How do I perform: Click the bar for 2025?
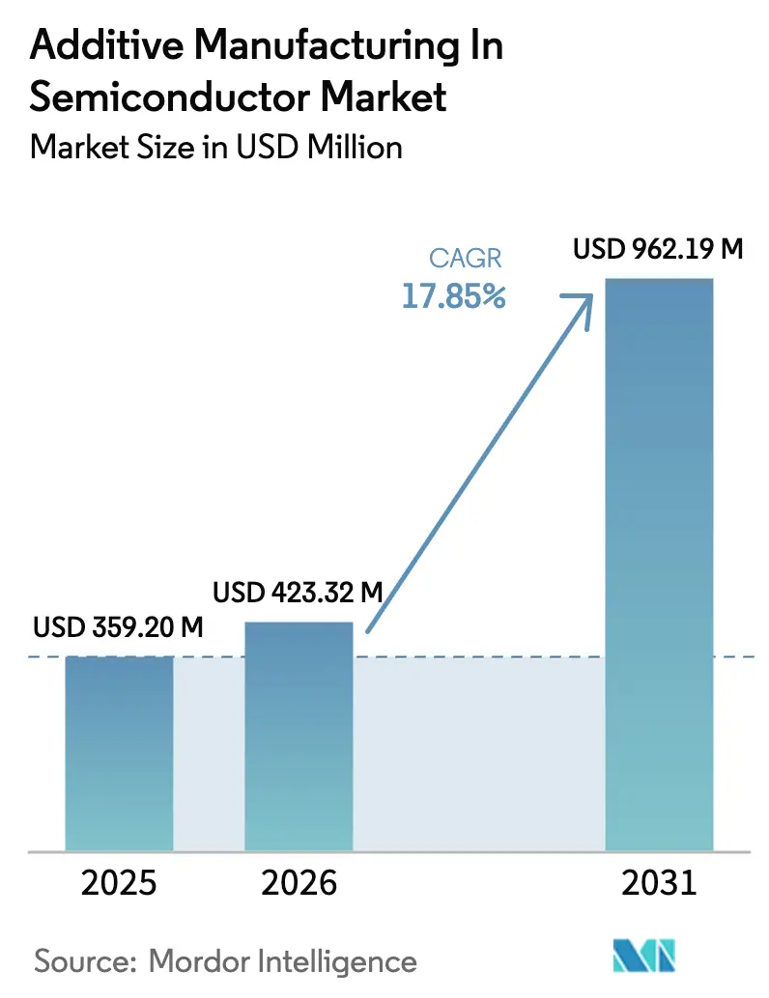pos(119,753)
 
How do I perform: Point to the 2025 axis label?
pos(119,883)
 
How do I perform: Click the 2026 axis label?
pos(299,883)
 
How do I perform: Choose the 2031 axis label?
pos(659,883)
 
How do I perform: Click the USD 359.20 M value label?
pos(118,627)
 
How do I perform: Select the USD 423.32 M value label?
pos(299,592)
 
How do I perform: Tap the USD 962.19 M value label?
pos(658,249)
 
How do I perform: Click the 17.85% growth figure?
pos(454,296)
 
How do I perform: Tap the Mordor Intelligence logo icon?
pos(645,957)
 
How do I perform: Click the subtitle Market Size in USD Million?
pos(216,147)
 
